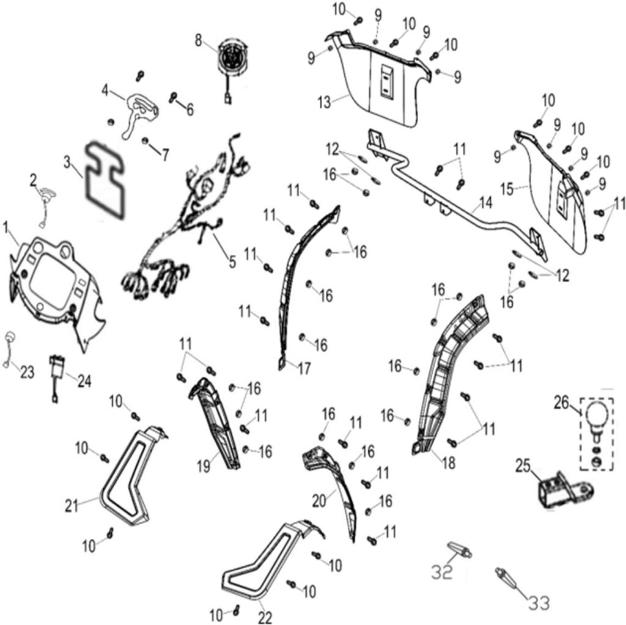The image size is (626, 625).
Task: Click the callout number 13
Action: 325,100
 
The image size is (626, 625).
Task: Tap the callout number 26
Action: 561,403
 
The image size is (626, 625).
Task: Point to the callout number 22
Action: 264,617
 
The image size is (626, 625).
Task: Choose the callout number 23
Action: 26,372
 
